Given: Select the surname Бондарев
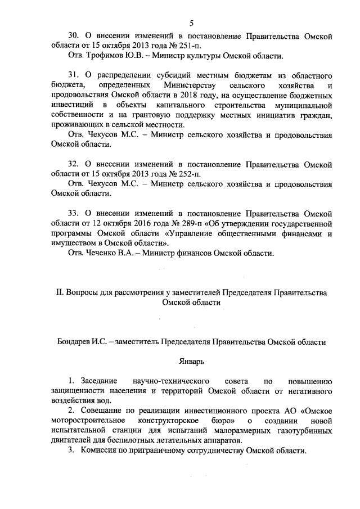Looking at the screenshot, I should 76,341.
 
